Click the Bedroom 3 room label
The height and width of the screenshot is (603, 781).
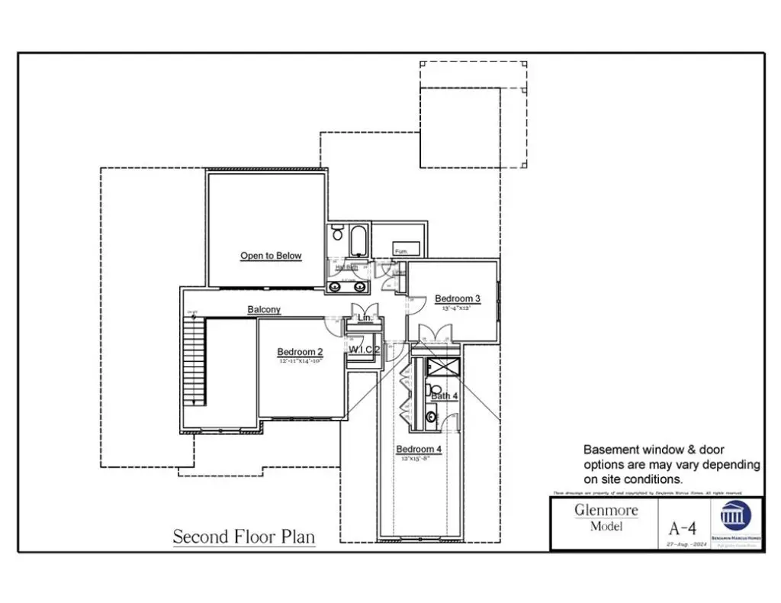pos(458,298)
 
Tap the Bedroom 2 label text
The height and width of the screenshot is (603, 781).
pos(300,352)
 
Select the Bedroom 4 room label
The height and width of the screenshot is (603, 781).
pos(419,449)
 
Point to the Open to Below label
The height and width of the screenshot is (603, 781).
pos(271,256)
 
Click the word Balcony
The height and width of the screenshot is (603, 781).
pos(264,310)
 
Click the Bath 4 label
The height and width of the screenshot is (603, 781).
pos(445,396)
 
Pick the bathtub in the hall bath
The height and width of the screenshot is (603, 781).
pos(359,241)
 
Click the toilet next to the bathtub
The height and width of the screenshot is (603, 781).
pos(338,234)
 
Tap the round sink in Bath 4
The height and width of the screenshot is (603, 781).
pos(431,417)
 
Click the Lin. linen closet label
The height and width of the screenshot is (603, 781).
pos(365,317)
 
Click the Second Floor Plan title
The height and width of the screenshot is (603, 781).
pos(243,537)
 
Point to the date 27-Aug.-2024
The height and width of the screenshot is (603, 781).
pos(682,543)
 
